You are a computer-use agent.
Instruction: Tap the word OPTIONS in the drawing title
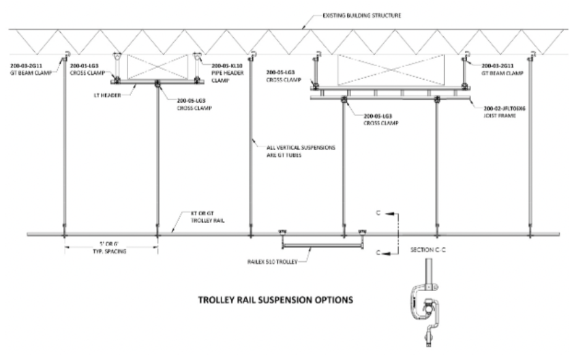click(x=333, y=299)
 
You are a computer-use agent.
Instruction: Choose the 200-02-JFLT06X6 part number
click(x=506, y=108)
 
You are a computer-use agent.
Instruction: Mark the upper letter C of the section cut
click(x=376, y=212)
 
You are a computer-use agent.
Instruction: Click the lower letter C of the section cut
click(x=376, y=252)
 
